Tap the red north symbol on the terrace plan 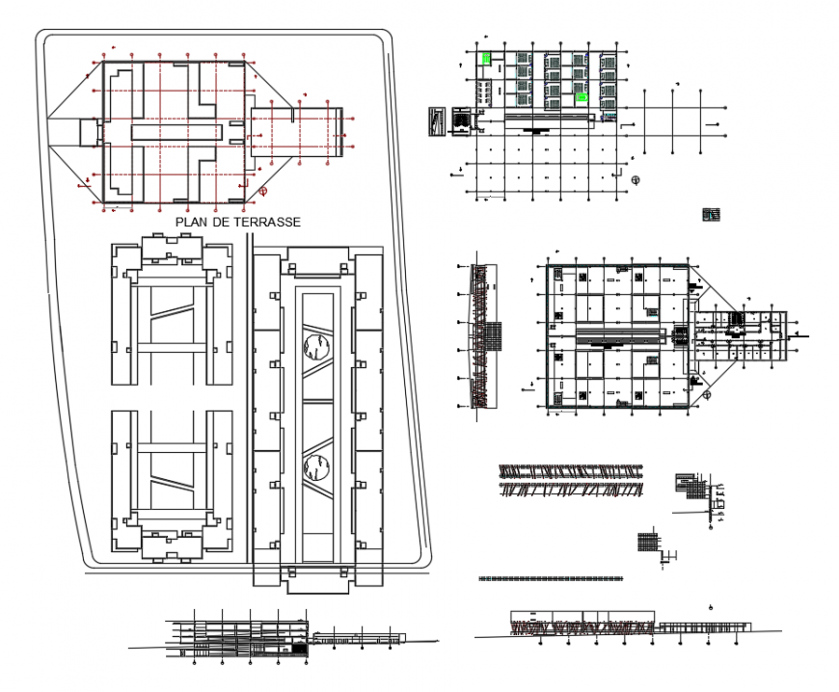coord(262,190)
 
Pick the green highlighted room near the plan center coord(582,97)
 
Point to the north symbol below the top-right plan coord(635,179)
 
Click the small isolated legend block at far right coord(712,214)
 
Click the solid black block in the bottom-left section coord(300,650)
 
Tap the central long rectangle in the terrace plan coord(183,130)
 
